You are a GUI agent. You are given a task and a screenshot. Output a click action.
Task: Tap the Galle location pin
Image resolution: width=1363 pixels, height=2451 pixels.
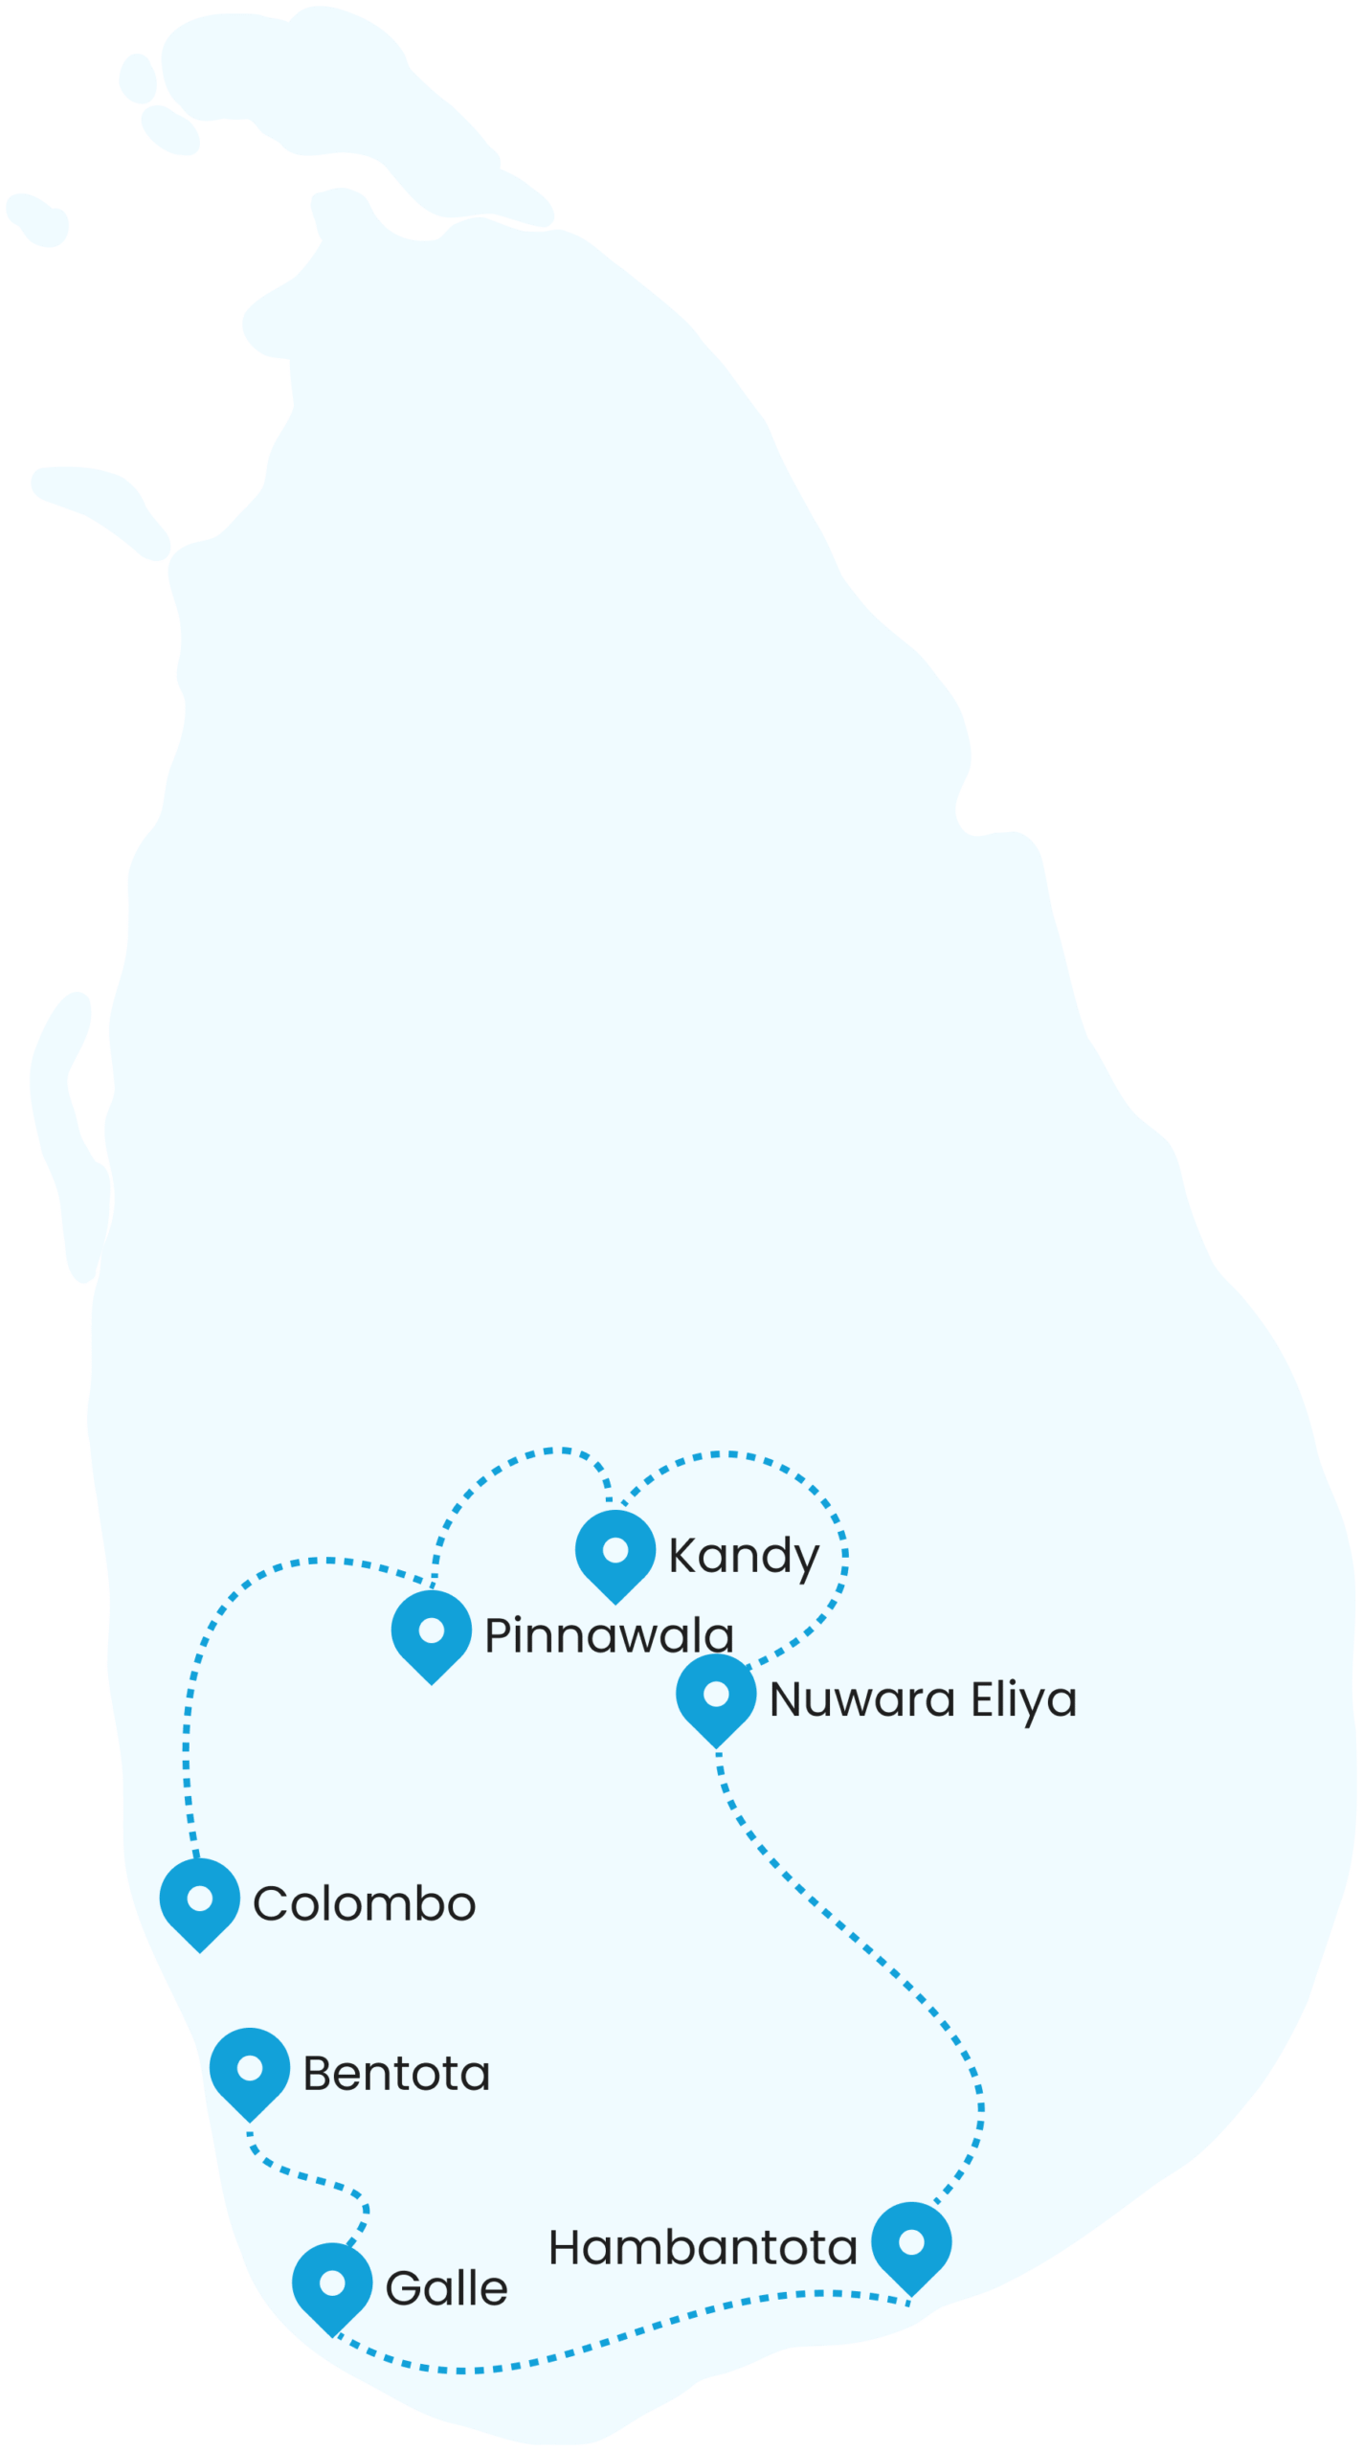click(x=332, y=2285)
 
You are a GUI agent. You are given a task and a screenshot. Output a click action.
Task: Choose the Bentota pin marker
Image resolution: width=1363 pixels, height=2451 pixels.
click(x=250, y=2071)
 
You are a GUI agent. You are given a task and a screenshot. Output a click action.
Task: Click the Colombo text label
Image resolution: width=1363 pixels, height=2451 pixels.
click(x=364, y=1903)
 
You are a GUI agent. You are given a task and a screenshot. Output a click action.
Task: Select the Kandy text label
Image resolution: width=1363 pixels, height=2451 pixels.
click(x=744, y=1557)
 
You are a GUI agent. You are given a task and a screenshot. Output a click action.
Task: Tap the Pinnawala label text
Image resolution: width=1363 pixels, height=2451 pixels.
click(x=609, y=1635)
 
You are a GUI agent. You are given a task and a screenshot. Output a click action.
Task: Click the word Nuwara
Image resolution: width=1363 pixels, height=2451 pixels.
click(x=862, y=1700)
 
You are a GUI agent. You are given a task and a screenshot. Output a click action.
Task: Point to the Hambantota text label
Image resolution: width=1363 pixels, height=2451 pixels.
click(x=703, y=2247)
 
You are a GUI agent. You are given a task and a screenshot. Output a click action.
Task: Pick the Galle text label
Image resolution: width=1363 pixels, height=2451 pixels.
click(x=446, y=2288)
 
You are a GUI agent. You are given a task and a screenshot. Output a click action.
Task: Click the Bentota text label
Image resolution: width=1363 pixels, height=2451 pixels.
click(x=396, y=2074)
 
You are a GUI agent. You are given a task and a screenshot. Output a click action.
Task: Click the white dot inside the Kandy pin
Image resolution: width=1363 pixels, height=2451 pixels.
click(x=615, y=1549)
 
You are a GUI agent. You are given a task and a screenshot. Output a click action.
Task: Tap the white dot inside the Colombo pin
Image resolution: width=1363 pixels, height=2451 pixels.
click(x=199, y=1898)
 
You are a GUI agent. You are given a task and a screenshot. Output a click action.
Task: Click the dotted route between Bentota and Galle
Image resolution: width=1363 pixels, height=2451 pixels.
click(x=316, y=2179)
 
